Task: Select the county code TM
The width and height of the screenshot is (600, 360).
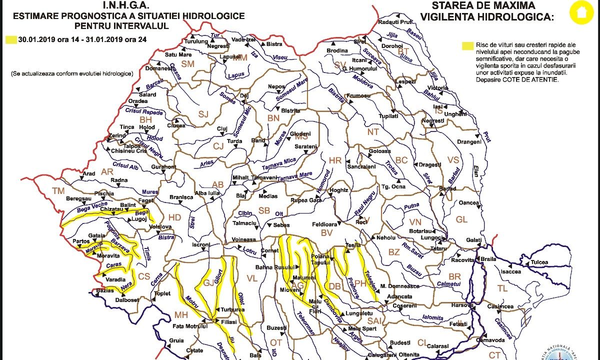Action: pos(58,190)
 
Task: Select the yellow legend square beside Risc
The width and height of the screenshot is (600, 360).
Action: pos(468,45)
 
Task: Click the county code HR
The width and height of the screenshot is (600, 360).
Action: pos(334,160)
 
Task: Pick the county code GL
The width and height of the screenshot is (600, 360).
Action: pos(461,219)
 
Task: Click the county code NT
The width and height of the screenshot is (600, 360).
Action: pos(373,132)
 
